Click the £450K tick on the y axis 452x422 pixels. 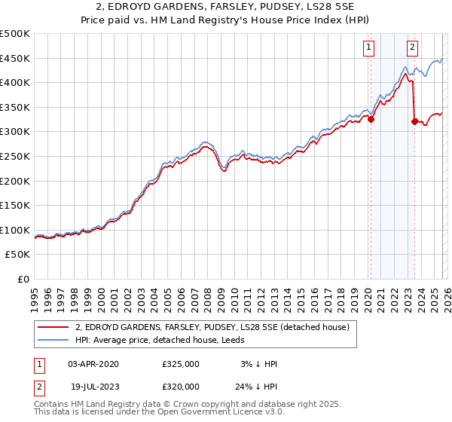15,58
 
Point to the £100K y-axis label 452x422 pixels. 15,230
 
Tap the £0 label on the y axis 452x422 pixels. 24,279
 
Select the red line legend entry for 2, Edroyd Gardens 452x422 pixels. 212,328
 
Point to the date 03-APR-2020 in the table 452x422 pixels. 93,364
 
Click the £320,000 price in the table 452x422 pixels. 181,386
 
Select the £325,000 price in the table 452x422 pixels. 181,364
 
